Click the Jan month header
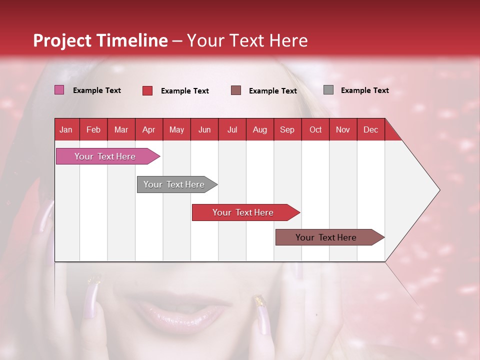coord(66,129)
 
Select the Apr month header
coord(148,129)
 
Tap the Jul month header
coord(232,129)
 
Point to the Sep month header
coord(287,129)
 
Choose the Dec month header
coord(370,129)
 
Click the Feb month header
coord(93,129)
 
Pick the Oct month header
coord(315,129)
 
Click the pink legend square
coord(59,90)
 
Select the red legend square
coord(147,90)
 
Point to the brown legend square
coord(236,90)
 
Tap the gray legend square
coord(328,90)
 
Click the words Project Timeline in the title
coord(100,40)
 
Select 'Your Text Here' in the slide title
coord(247,40)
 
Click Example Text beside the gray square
coord(364,90)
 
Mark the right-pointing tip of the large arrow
coord(438,190)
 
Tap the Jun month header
coord(204,129)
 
